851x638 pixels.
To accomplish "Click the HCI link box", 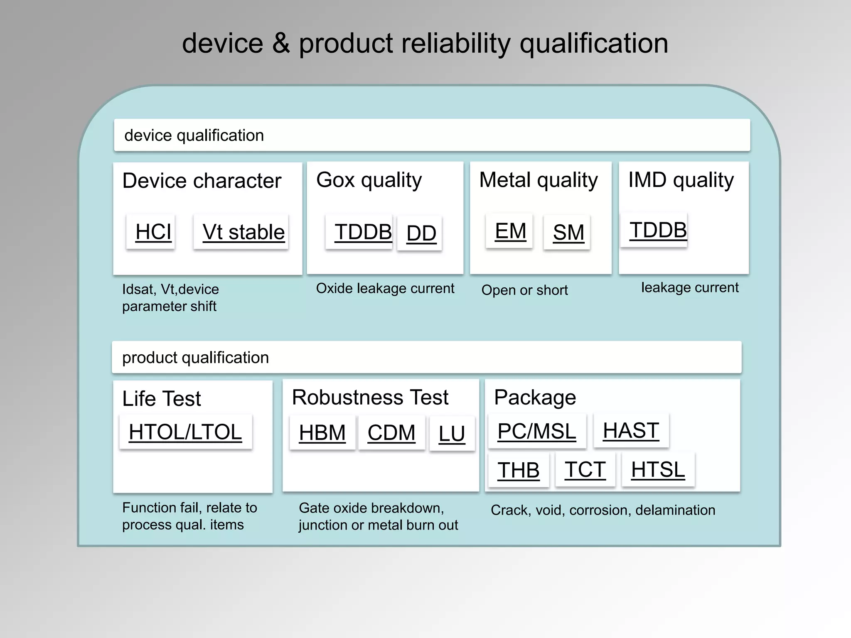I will point(153,232).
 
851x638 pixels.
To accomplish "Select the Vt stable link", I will point(243,232).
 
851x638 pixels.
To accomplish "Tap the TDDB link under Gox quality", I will point(362,232).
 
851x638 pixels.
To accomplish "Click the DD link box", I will point(421,233).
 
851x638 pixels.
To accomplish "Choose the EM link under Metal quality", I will point(510,231).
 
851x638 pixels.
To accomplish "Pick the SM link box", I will point(568,232).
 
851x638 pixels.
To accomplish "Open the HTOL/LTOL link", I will point(185,432).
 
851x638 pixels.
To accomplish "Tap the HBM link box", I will point(322,433).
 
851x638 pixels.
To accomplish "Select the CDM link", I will point(391,433).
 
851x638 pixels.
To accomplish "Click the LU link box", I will point(451,434).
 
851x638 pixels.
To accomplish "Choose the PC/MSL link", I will point(536,431).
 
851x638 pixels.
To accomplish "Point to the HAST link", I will point(630,430).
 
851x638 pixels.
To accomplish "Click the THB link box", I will point(518,470).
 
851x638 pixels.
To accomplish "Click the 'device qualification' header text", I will point(194,135).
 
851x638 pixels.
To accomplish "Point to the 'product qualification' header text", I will point(195,358).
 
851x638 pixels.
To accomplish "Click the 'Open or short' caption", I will point(524,290).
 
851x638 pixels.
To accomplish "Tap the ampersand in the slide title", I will point(281,43).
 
